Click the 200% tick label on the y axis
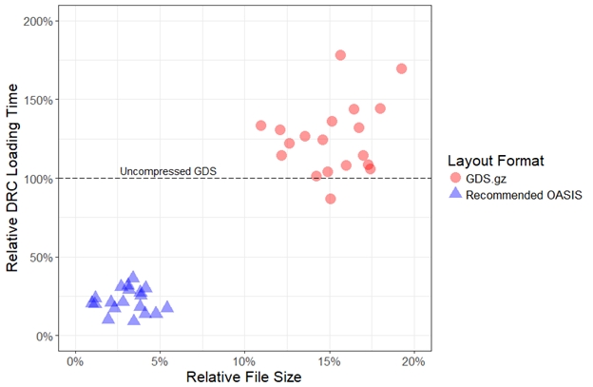click(x=38, y=21)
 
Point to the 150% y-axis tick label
click(x=38, y=100)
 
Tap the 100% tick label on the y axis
click(x=38, y=179)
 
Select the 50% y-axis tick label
click(x=41, y=257)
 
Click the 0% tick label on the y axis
click(x=45, y=336)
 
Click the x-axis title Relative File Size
click(x=244, y=377)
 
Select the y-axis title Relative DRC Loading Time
click(x=14, y=179)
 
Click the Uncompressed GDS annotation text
click(x=168, y=171)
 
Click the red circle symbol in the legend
click(x=455, y=178)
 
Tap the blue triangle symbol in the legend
click(x=455, y=194)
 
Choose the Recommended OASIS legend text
click(x=524, y=195)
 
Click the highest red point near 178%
click(x=340, y=55)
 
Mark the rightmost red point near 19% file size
click(x=401, y=68)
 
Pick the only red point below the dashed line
click(x=331, y=199)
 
